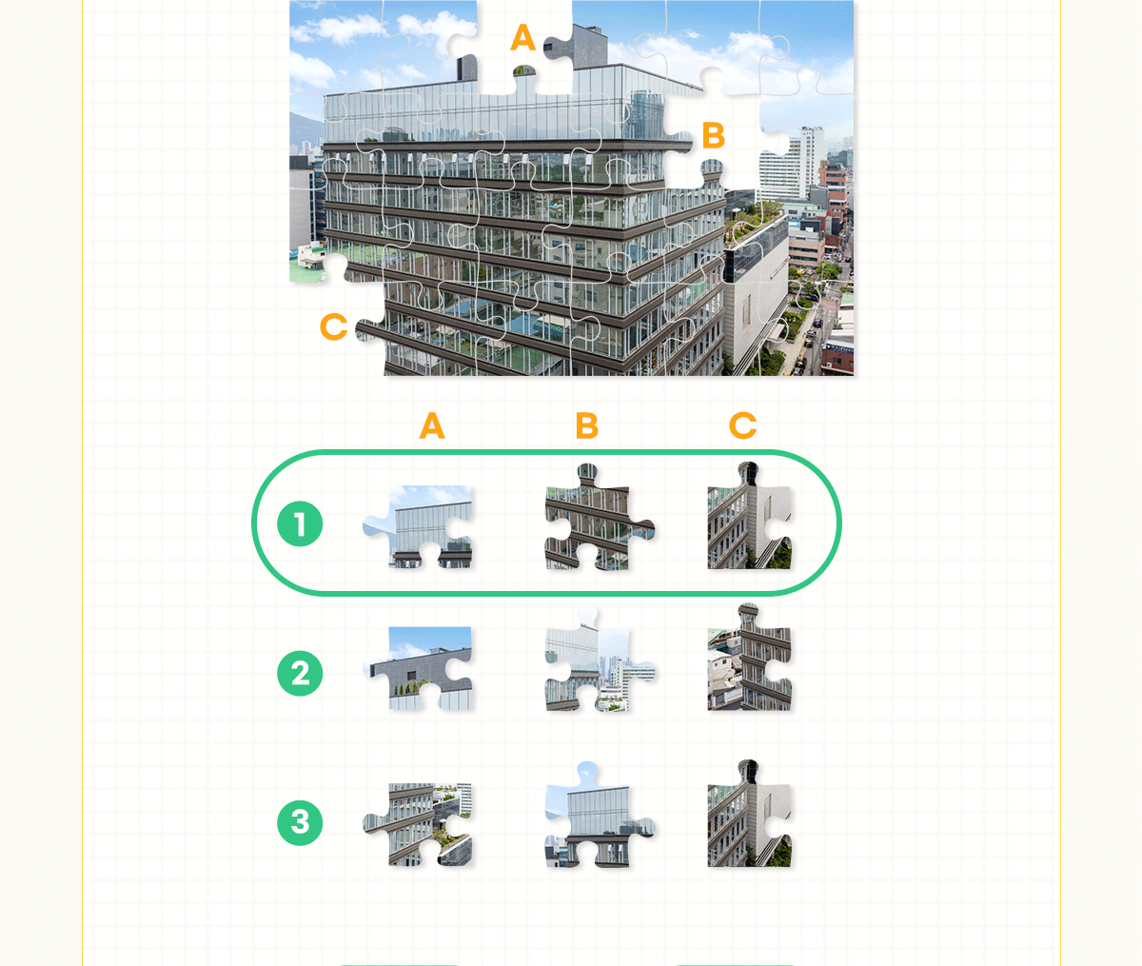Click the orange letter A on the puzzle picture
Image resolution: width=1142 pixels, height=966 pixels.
click(x=522, y=38)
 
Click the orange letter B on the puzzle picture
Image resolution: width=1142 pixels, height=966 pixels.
click(x=713, y=135)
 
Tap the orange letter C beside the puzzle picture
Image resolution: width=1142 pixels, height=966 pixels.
click(x=334, y=326)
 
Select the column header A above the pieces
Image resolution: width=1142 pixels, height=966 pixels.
click(x=432, y=426)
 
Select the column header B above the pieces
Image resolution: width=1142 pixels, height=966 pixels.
click(x=587, y=426)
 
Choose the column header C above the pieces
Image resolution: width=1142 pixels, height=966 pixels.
click(x=742, y=426)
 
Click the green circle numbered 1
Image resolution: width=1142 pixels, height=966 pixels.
click(x=300, y=523)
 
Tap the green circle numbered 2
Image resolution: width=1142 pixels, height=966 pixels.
click(x=300, y=673)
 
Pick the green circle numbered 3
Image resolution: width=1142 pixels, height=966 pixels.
click(x=300, y=822)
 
